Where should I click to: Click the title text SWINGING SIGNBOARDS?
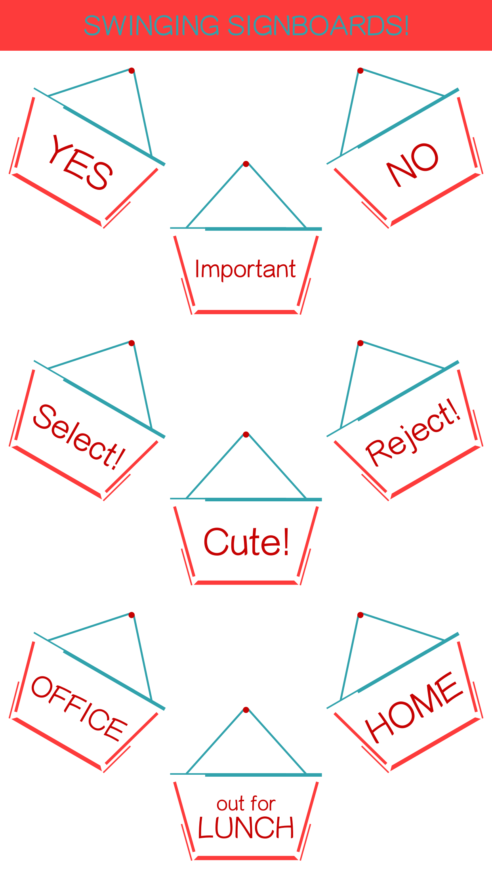point(246,25)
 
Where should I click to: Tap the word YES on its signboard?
point(81,162)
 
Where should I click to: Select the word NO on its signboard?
point(412,164)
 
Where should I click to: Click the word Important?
point(245,269)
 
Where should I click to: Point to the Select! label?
point(79,437)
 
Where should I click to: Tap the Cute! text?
point(246,542)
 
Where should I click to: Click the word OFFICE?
point(79,708)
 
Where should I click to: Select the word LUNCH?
point(246,828)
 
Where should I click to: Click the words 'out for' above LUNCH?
point(246,804)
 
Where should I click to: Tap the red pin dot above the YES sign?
point(132,71)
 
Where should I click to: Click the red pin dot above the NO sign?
point(360,71)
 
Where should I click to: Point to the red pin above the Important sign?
point(246,164)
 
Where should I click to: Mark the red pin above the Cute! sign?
point(246,434)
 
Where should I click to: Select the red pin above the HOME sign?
point(360,615)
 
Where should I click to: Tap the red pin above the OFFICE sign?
point(132,615)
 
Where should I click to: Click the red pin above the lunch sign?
point(246,709)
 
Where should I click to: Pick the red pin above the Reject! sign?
point(360,343)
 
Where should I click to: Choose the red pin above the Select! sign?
point(132,343)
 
